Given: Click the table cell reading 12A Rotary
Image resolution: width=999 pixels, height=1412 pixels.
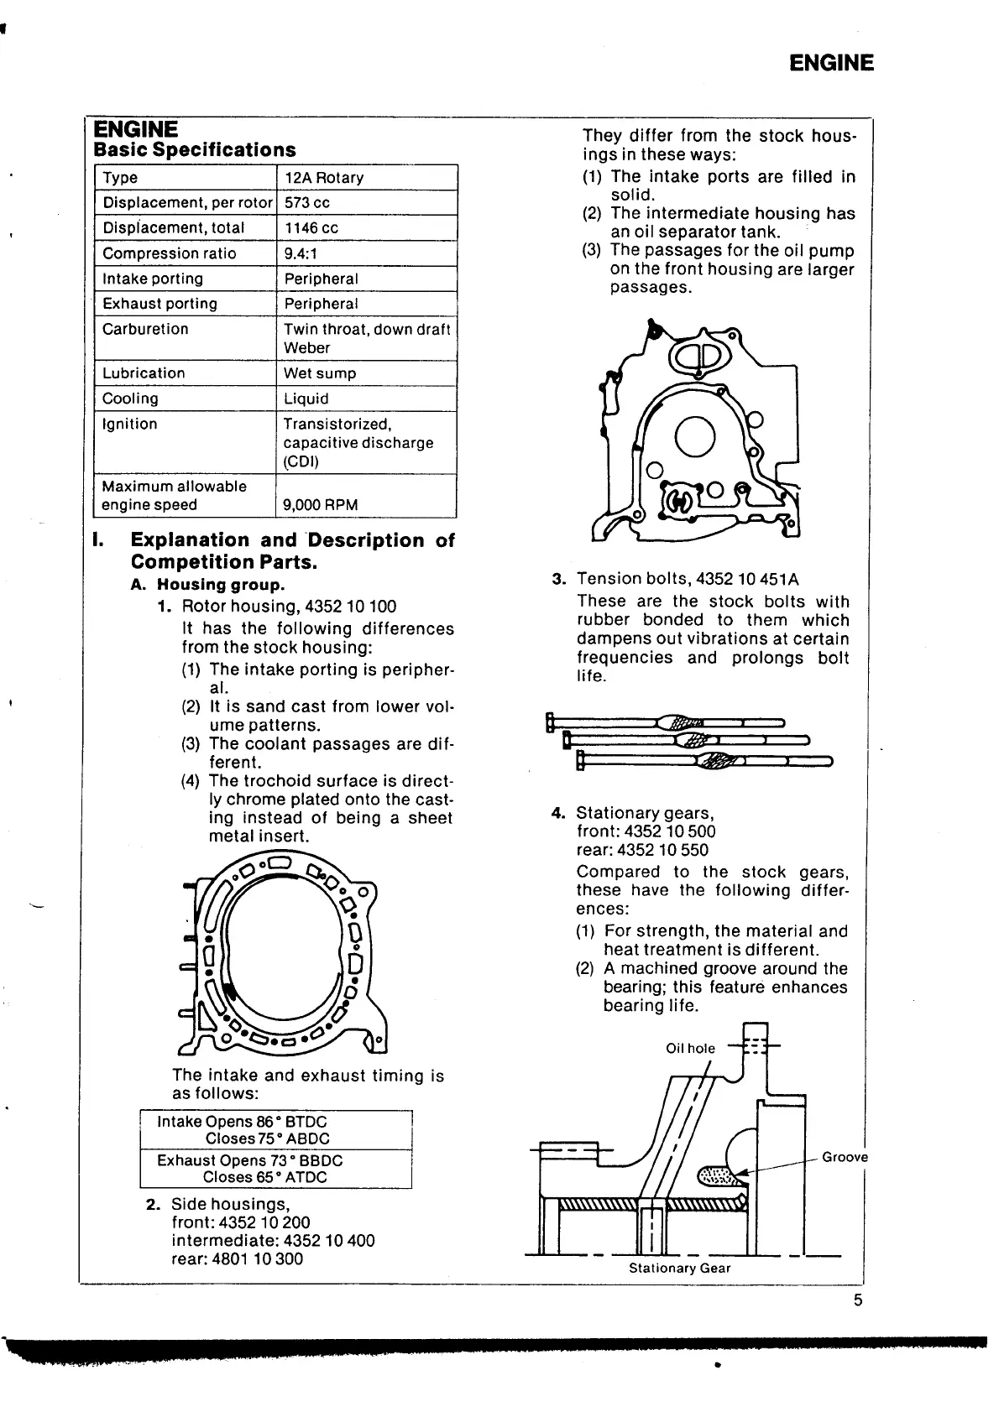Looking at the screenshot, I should point(324,178).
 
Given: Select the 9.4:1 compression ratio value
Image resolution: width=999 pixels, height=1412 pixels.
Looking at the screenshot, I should point(301,253).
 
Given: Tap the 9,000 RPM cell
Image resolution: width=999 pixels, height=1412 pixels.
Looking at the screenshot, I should point(320,505).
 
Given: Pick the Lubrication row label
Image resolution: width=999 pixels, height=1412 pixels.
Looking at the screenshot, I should point(144,373).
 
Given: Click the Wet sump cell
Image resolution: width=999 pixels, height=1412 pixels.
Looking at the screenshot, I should point(320,373).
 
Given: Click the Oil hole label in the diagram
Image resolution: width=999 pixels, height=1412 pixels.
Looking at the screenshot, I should point(690,1048).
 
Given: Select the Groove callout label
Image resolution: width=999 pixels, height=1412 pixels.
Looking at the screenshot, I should point(845,1158).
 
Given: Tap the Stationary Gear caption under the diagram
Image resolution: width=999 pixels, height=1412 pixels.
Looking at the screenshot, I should point(680,1269).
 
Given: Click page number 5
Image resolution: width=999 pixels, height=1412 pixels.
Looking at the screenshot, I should point(858,1301).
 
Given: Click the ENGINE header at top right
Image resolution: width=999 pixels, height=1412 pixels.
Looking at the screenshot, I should point(831,64).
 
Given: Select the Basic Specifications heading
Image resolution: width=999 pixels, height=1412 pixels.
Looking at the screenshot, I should point(195,150).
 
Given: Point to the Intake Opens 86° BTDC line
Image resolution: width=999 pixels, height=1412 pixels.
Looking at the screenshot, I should point(242,1122).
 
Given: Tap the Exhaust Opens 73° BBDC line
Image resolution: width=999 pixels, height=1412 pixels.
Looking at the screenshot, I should point(249,1161).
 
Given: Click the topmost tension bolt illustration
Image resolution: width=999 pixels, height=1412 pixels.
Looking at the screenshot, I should point(663,722).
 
